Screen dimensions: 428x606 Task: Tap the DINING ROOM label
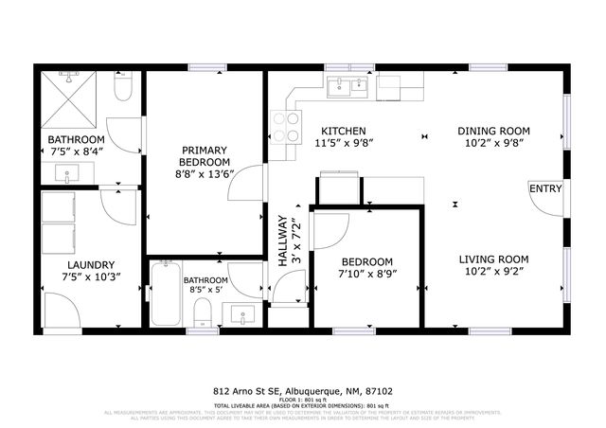pyautogui.click(x=492, y=131)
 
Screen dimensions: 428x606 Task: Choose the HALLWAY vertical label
pyautogui.click(x=281, y=236)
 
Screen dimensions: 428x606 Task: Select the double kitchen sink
pyautogui.click(x=348, y=87)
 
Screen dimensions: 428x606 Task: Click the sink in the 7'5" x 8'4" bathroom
pyautogui.click(x=68, y=173)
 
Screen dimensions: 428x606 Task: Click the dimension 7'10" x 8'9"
pyautogui.click(x=367, y=276)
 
